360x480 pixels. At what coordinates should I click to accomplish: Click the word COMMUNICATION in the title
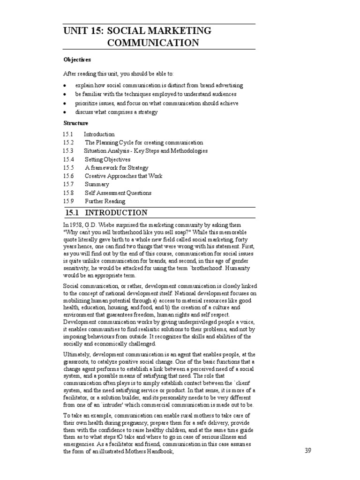(153, 43)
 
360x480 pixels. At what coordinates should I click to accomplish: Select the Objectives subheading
(77, 60)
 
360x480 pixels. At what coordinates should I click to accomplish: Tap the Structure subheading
(76, 123)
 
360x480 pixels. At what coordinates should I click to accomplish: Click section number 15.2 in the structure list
(68, 142)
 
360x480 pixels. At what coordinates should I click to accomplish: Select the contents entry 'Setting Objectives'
(107, 159)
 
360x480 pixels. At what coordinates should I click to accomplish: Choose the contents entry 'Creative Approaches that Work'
(124, 176)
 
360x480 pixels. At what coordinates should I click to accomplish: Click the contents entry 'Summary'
(97, 185)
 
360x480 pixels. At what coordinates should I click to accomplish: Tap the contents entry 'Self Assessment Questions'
(118, 193)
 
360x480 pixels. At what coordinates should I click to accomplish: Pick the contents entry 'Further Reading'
(105, 202)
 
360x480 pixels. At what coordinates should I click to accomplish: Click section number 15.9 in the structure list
(68, 202)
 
